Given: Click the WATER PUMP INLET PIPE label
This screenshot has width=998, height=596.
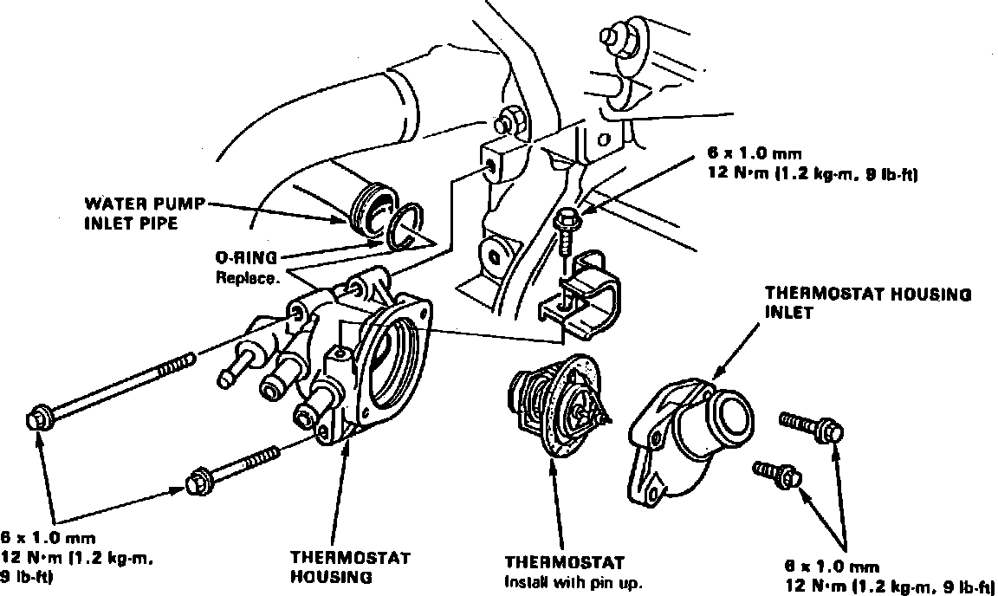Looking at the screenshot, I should pyautogui.click(x=145, y=213).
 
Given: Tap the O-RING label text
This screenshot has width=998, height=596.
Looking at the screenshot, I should pyautogui.click(x=246, y=257).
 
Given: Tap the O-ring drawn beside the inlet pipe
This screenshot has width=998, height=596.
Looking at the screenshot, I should pyautogui.click(x=405, y=226).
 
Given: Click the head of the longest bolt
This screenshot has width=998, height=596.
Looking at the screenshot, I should pyautogui.click(x=40, y=418).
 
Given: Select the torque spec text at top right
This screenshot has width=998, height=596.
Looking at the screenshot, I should pyautogui.click(x=813, y=167).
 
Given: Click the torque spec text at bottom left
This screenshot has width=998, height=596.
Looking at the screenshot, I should pyautogui.click(x=83, y=556).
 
